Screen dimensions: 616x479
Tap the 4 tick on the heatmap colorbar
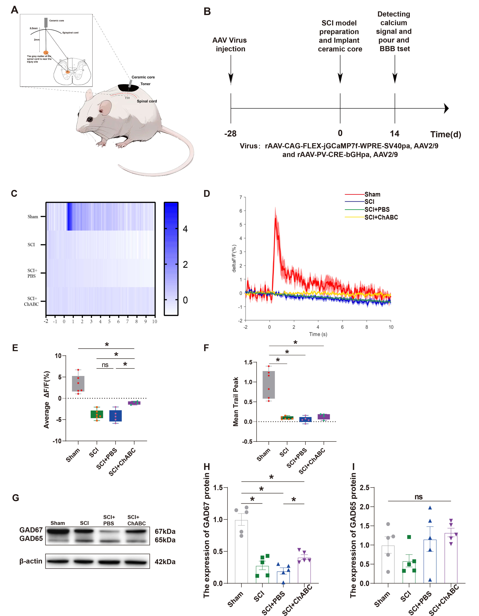[185, 229]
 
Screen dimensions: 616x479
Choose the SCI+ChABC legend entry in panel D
[381, 217]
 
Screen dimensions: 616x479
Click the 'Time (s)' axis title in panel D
[318, 334]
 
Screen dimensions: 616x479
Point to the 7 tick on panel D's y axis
[241, 197]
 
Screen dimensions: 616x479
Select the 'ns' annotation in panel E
[105, 365]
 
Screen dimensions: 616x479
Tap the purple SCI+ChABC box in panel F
[324, 417]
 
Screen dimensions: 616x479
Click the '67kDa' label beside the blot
[165, 531]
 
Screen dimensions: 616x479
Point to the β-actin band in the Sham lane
[58, 561]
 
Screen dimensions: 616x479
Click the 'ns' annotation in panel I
[418, 497]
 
